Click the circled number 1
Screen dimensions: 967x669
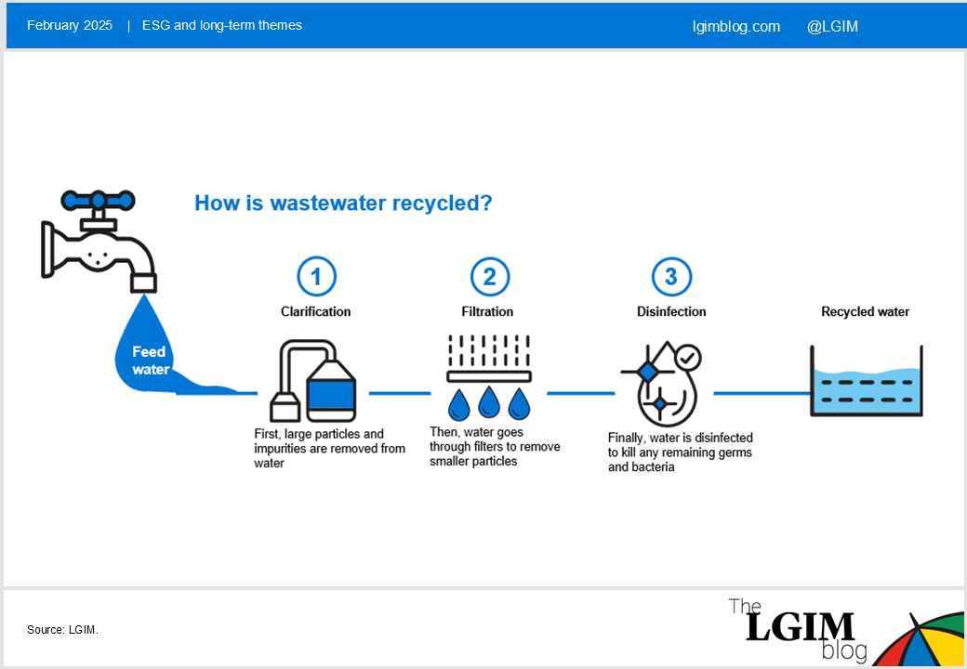click(x=316, y=277)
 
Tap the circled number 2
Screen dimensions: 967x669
click(x=490, y=277)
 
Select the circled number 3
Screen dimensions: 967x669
click(x=671, y=277)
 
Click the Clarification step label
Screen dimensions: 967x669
click(x=316, y=311)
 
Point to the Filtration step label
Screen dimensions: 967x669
click(x=487, y=311)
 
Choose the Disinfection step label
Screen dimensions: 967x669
click(x=671, y=311)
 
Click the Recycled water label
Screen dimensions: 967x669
click(x=866, y=311)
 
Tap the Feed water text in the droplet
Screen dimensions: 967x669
click(x=150, y=361)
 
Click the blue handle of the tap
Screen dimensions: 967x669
click(x=98, y=200)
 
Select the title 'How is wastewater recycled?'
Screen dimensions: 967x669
click(x=343, y=203)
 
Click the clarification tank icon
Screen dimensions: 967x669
click(x=313, y=381)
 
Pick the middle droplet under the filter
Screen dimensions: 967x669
click(x=488, y=403)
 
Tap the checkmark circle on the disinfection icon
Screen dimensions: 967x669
click(x=688, y=358)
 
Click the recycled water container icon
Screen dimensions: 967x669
click(x=866, y=381)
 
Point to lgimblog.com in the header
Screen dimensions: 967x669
click(x=736, y=27)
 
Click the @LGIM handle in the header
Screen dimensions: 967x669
click(x=832, y=27)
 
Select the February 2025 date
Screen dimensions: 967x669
click(x=70, y=25)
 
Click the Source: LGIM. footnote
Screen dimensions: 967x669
click(x=63, y=630)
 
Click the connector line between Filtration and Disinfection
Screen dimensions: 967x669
click(x=581, y=393)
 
